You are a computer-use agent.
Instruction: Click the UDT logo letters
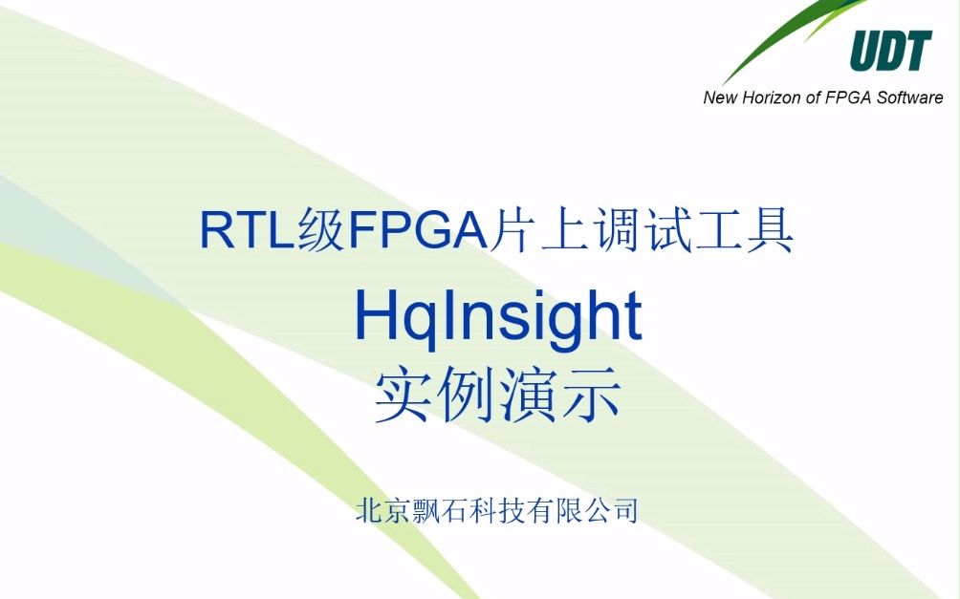tap(890, 52)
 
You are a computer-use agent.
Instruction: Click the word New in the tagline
tap(720, 97)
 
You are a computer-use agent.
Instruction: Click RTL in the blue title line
tap(243, 232)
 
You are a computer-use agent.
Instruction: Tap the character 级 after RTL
tap(318, 232)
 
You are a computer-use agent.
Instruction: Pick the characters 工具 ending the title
tap(753, 232)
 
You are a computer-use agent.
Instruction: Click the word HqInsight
tap(497, 317)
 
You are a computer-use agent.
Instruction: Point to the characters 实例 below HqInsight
tap(436, 397)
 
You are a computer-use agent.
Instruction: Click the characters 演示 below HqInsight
tap(560, 397)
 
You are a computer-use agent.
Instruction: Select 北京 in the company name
tap(382, 510)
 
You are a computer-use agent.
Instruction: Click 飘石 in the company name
tap(440, 510)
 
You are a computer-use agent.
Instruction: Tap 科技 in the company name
tap(496, 510)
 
